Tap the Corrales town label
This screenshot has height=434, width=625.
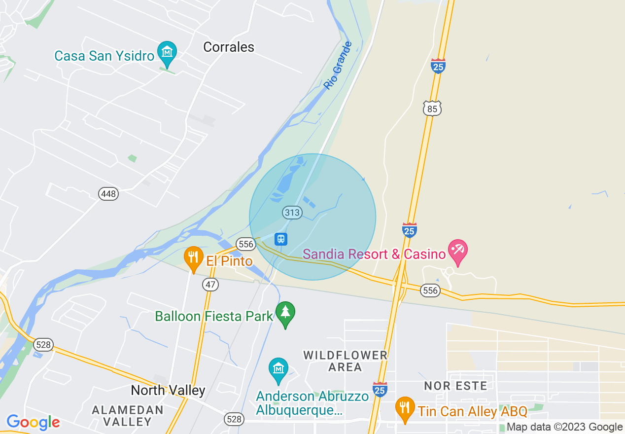coord(229,47)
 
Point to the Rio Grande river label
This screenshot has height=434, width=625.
coord(338,66)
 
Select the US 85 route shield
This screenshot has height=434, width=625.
coord(432,108)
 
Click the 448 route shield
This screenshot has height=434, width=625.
coord(108,193)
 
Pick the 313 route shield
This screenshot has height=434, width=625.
coord(292,213)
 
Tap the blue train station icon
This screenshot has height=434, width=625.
coord(280,239)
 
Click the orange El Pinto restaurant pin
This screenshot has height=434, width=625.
coord(194,257)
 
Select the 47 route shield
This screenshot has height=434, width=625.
coord(210,285)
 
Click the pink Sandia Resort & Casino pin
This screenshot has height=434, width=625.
coord(458,251)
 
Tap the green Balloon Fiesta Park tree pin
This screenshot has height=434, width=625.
coord(285,313)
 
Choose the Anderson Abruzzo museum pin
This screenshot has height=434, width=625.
coord(278,369)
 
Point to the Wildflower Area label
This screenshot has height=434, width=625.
coord(345,361)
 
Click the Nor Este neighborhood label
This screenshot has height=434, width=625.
coord(455,386)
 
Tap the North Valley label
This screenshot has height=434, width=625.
coord(168,391)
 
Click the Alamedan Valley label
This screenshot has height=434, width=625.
coord(128,415)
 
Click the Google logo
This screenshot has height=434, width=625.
coord(33,422)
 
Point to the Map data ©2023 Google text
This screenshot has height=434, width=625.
coord(564,427)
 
